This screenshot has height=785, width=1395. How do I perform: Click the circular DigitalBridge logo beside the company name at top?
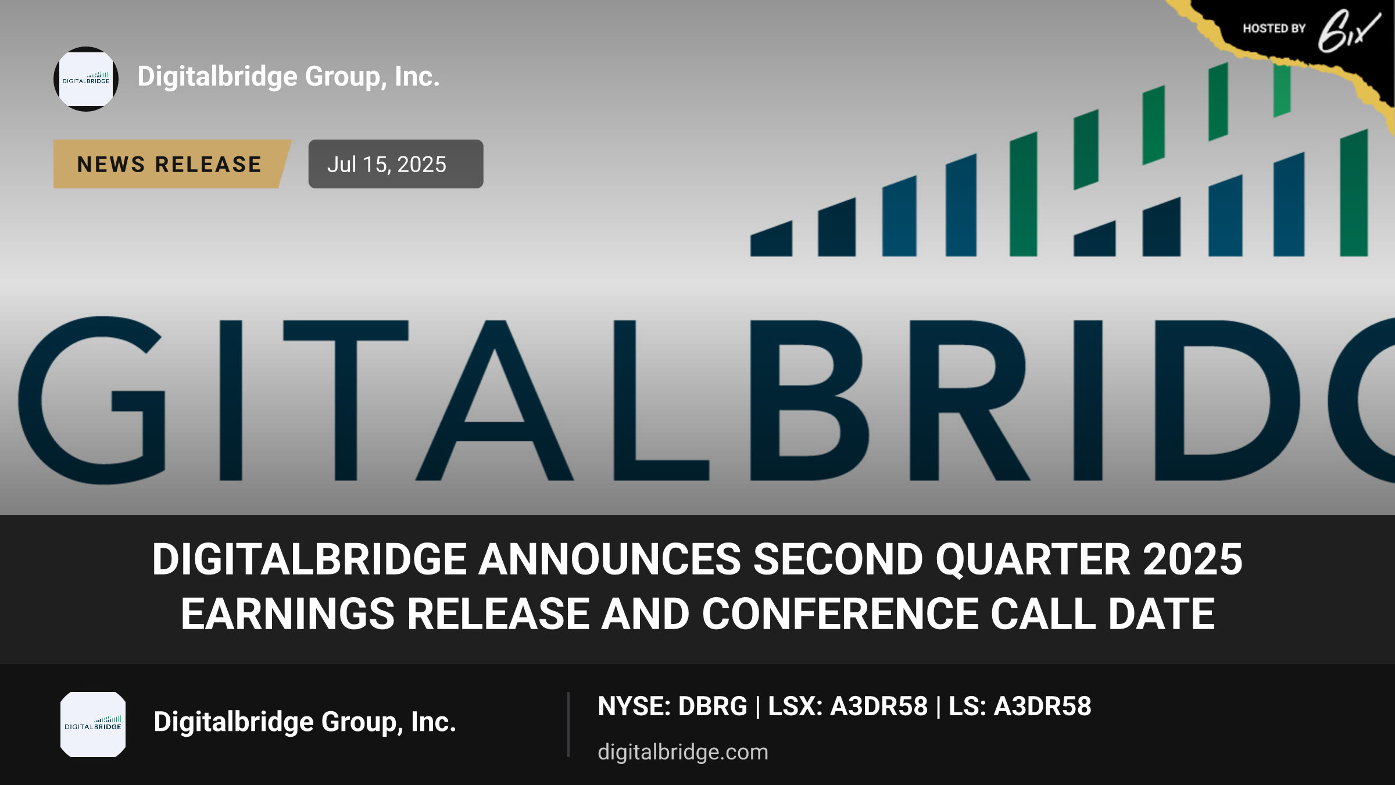coord(86,79)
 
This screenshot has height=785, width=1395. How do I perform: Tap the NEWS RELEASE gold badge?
coord(172,164)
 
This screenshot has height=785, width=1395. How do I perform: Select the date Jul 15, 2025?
coord(387,165)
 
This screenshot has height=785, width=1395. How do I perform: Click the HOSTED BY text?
coord(1274,28)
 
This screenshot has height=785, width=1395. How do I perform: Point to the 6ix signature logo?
coord(1348,31)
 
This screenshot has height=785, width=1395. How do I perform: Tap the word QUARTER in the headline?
coord(1033,560)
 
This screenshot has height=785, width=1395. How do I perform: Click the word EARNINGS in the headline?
coord(288,613)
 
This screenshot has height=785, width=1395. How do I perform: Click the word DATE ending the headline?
coord(1161,613)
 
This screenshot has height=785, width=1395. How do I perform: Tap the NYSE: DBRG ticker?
coord(673,706)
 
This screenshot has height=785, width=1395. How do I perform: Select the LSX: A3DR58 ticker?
coord(848,706)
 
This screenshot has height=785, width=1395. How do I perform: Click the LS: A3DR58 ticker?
coord(1020,706)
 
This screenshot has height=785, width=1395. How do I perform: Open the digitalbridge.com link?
coord(683,752)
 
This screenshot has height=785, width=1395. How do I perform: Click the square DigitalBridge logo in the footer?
coord(93,725)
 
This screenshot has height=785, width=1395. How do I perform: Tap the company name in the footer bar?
coord(305,722)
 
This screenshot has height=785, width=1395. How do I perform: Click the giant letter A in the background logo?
coord(495,401)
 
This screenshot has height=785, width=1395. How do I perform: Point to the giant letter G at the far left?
coord(92,401)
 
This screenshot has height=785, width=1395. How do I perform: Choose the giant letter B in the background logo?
coord(810,401)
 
